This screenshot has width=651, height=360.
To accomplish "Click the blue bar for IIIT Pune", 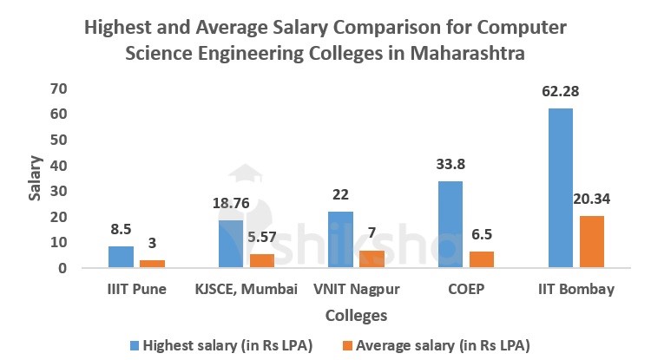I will click(121, 257).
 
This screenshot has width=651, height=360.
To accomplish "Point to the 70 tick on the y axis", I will click(58, 88).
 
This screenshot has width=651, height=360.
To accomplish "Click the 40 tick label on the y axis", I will click(58, 165).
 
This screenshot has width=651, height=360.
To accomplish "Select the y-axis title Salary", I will click(35, 178).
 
